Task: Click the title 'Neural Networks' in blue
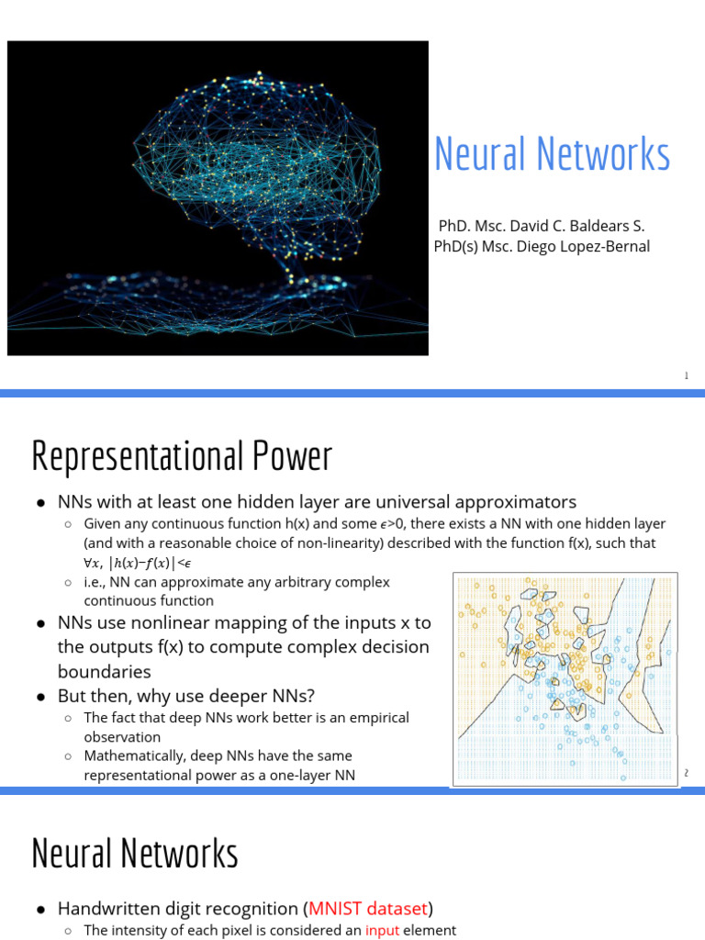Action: [x=552, y=154]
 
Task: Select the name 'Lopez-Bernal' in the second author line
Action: [x=607, y=246]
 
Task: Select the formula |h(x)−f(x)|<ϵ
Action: [x=151, y=563]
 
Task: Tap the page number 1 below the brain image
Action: [x=686, y=375]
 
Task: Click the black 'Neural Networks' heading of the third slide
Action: [x=135, y=853]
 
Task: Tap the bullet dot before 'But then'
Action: [x=41, y=696]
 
